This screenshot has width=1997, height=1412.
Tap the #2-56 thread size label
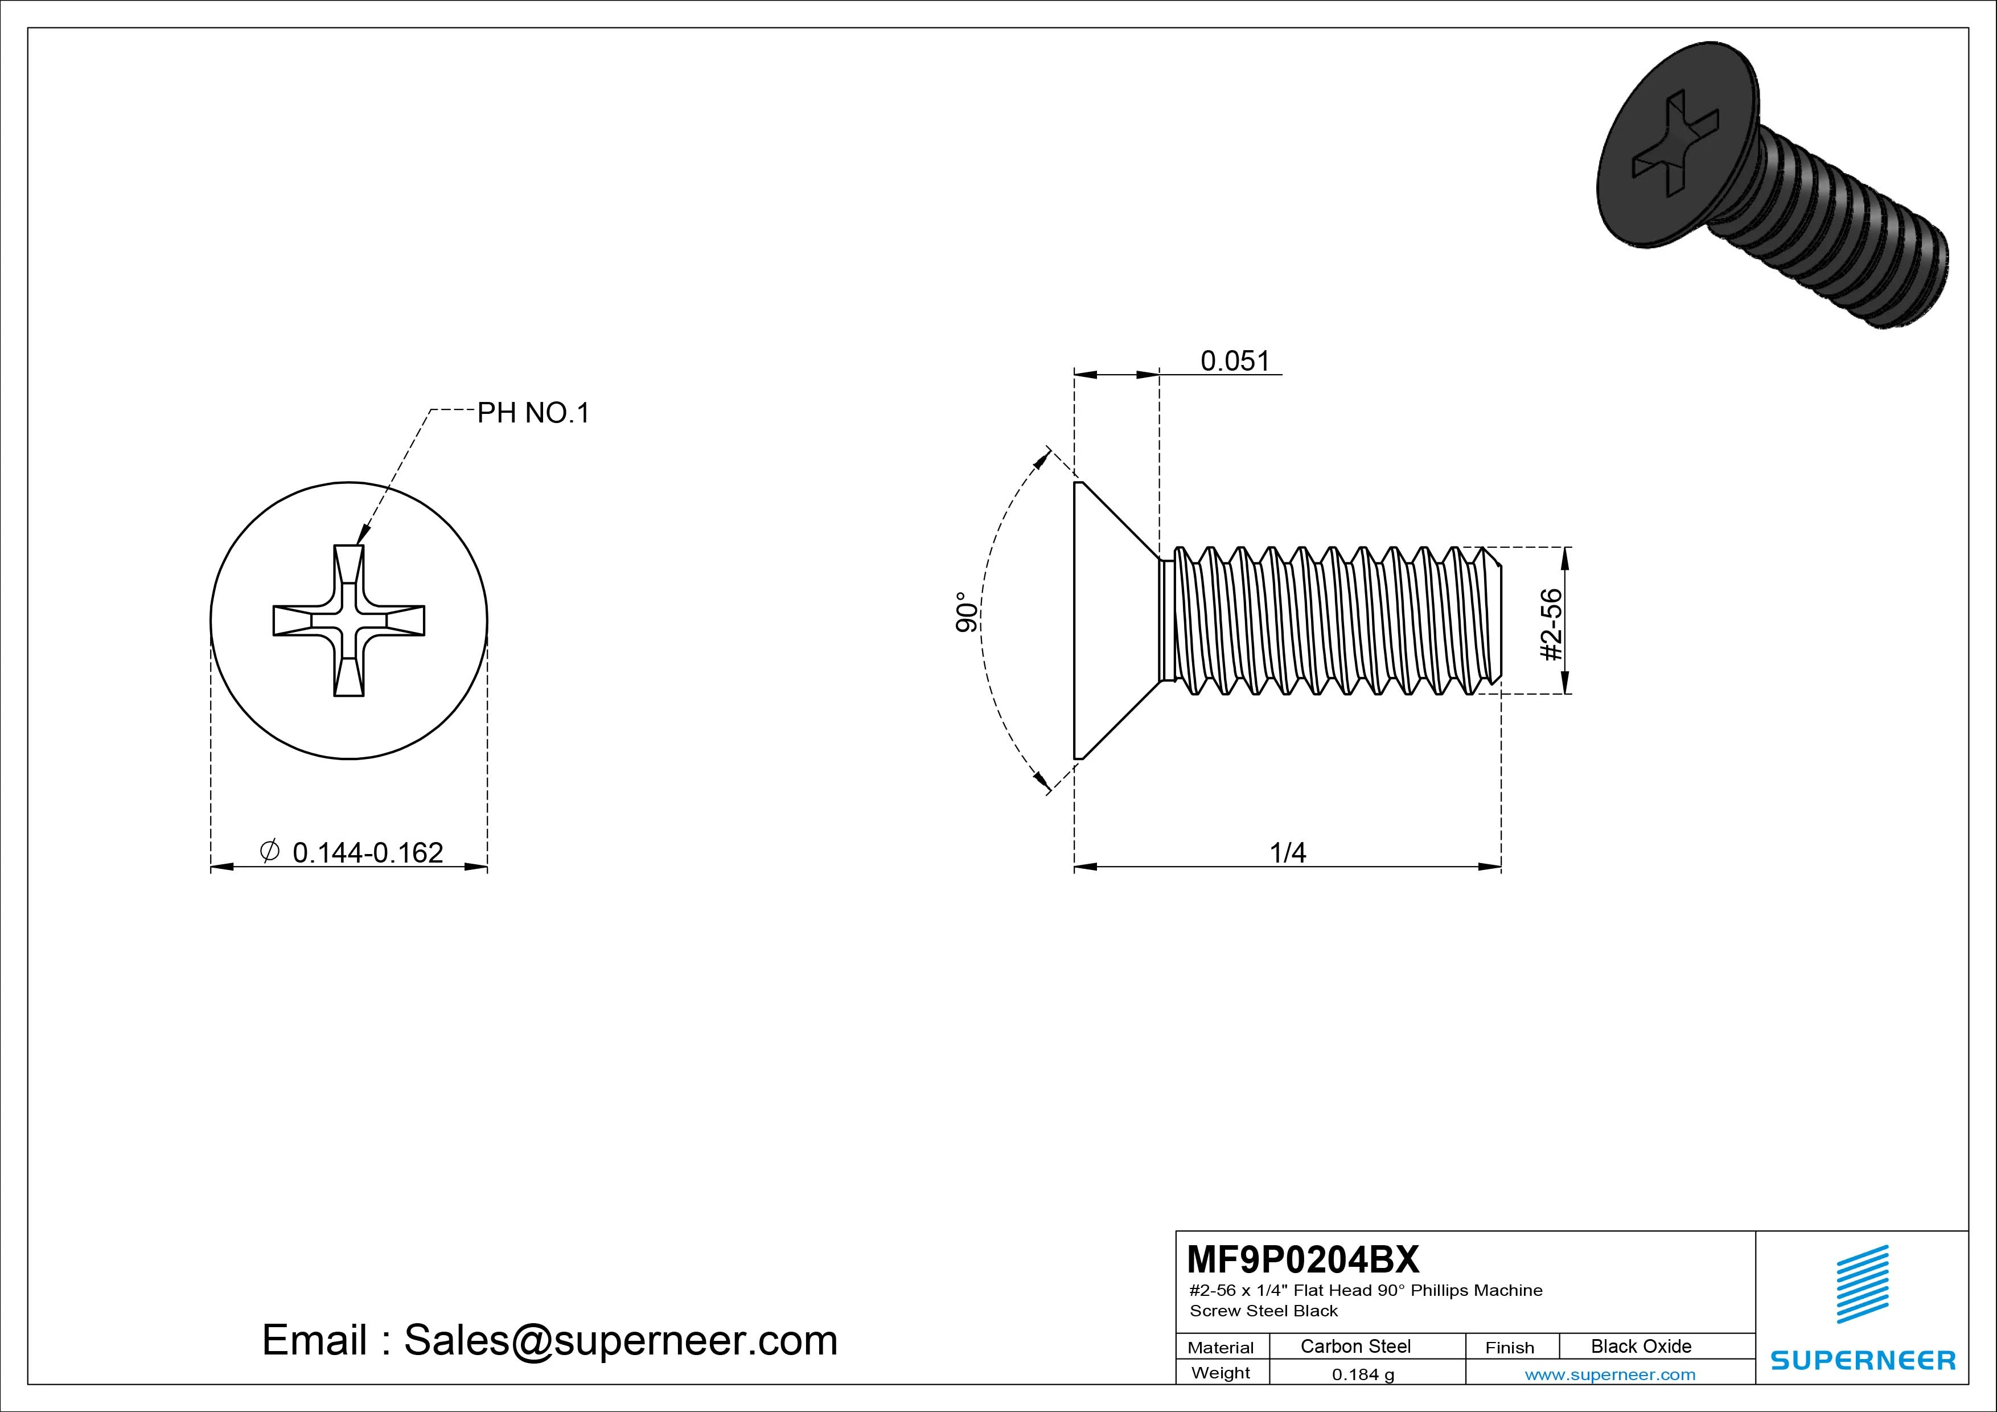click(1551, 625)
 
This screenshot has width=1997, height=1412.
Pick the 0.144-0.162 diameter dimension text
click(368, 852)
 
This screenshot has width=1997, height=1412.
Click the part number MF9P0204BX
click(1302, 1259)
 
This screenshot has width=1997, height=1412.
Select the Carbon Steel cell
click(1355, 1346)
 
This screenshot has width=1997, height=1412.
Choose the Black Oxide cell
click(1641, 1346)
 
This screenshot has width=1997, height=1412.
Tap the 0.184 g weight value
click(1363, 1374)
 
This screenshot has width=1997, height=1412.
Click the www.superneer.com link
click(1610, 1374)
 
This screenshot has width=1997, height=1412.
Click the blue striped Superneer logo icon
click(1862, 1283)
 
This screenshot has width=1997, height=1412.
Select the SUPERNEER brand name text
click(1862, 1360)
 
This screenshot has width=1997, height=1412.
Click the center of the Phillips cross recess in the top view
click(349, 621)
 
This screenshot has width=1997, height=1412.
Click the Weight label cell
click(1221, 1373)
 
